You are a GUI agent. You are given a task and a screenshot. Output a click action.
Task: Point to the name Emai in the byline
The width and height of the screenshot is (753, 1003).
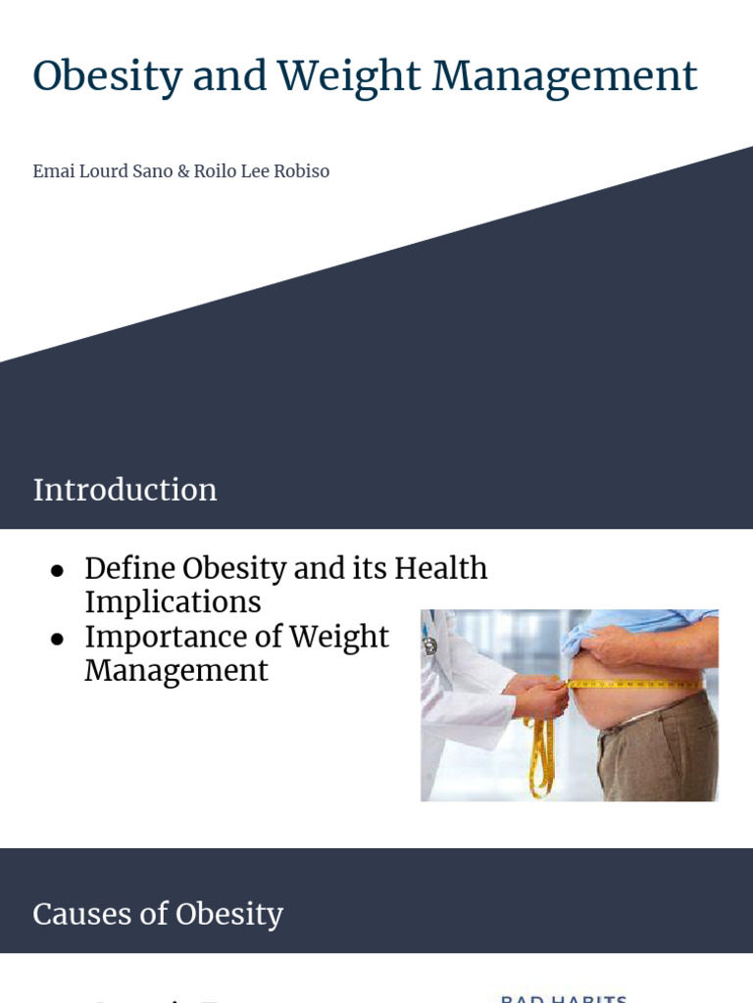pyautogui.click(x=53, y=171)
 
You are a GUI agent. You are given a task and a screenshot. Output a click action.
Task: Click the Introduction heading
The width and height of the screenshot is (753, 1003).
pyautogui.click(x=125, y=490)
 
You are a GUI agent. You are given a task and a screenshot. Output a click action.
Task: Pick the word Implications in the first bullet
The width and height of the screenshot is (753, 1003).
pyautogui.click(x=173, y=602)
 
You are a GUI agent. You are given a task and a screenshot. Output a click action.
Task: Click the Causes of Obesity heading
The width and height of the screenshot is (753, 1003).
pyautogui.click(x=157, y=914)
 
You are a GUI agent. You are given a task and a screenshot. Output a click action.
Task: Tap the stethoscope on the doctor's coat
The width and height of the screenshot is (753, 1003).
pyautogui.click(x=429, y=642)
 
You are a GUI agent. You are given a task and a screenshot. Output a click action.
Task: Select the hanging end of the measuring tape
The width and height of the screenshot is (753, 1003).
pyautogui.click(x=539, y=759)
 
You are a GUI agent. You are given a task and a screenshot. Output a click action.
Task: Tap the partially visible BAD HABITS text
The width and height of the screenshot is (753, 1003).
pyautogui.click(x=563, y=998)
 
